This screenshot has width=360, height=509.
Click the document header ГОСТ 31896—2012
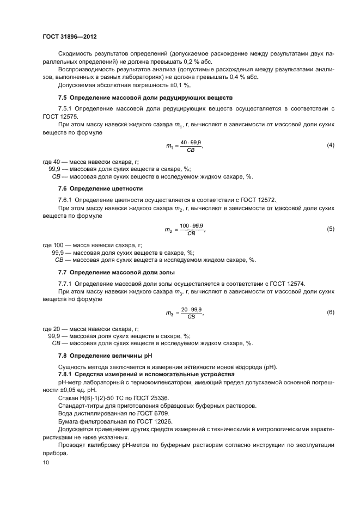[69, 36]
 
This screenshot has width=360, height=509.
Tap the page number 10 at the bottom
[46, 463]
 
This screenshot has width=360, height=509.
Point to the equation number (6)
[330, 312]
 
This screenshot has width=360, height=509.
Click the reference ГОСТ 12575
[60, 116]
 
